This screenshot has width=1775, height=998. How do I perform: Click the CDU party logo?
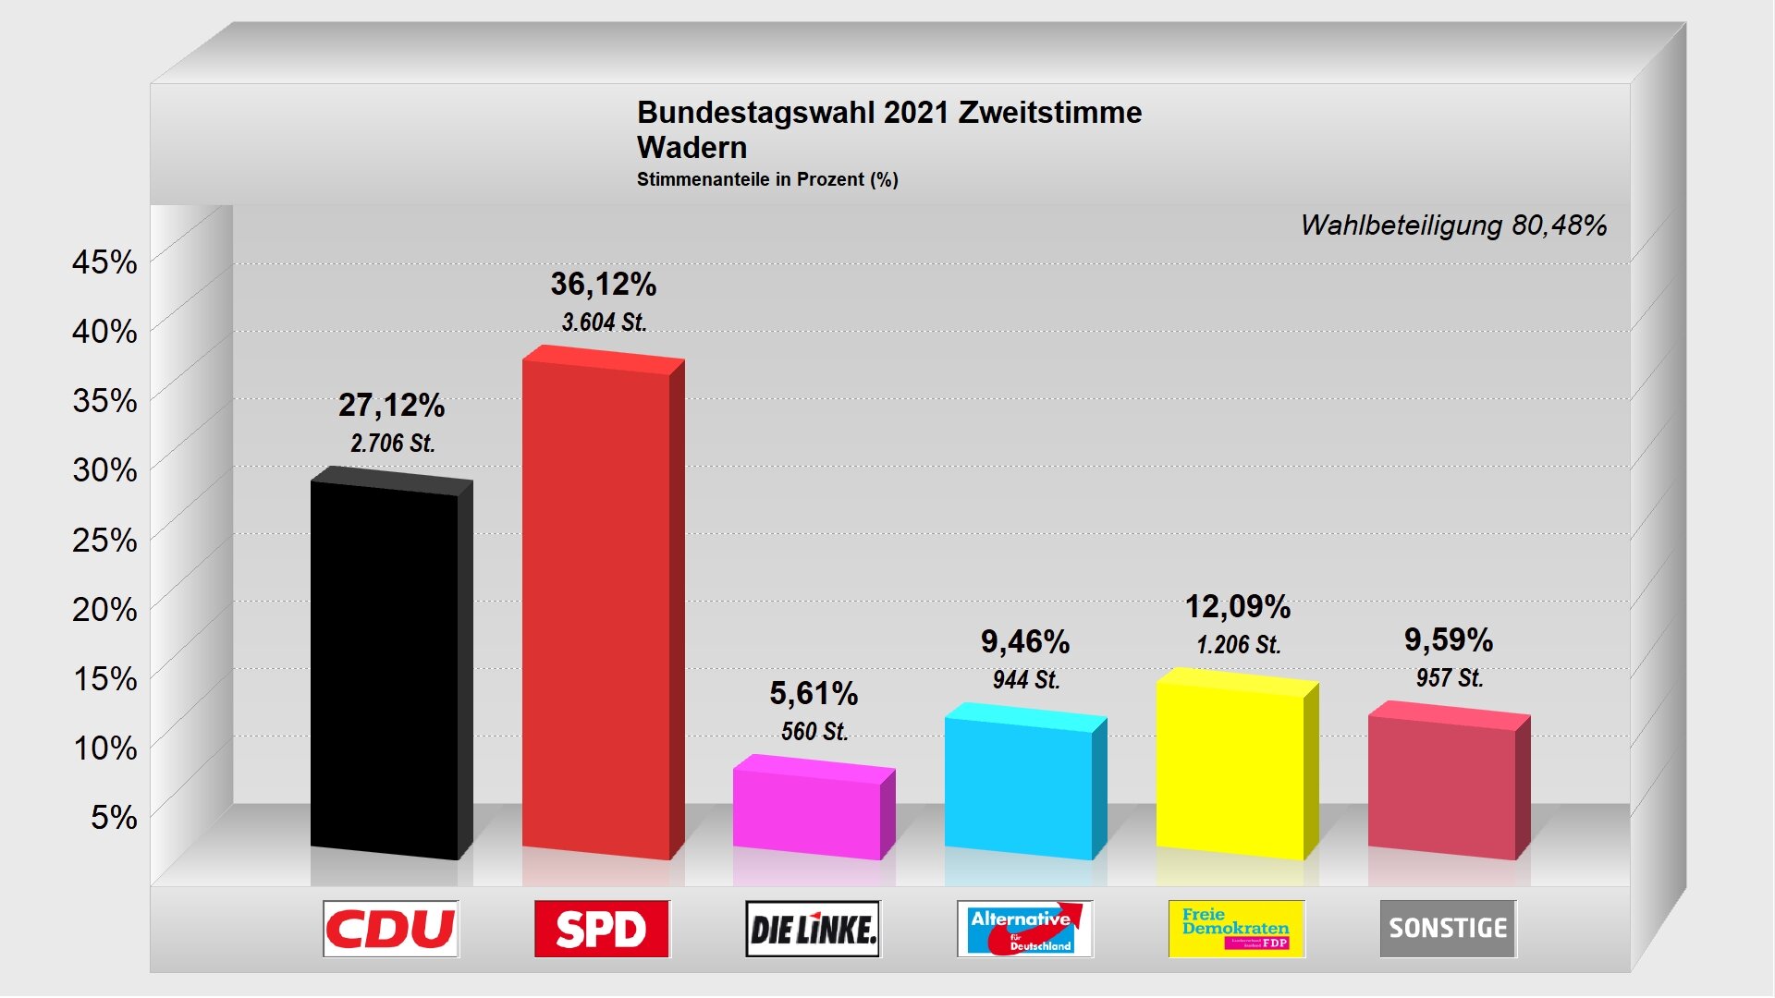(391, 929)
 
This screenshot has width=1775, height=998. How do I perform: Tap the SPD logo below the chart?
(602, 929)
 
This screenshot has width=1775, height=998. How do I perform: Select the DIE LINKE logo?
(814, 929)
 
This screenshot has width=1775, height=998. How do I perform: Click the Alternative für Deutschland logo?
(1024, 929)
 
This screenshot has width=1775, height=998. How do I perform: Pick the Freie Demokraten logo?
(1236, 929)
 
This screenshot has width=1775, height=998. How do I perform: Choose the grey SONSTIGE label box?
(1448, 929)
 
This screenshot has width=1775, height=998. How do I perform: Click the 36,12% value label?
(604, 284)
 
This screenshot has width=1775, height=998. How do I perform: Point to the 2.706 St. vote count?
(392, 444)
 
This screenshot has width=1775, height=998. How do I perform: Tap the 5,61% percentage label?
(814, 693)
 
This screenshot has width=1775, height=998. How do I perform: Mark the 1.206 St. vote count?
(1239, 645)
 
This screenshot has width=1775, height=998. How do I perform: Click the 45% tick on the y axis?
(104, 262)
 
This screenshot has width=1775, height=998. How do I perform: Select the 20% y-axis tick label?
(104, 610)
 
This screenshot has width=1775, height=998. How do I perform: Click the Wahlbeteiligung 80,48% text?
(1453, 225)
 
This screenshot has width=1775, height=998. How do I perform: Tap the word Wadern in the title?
(692, 148)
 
